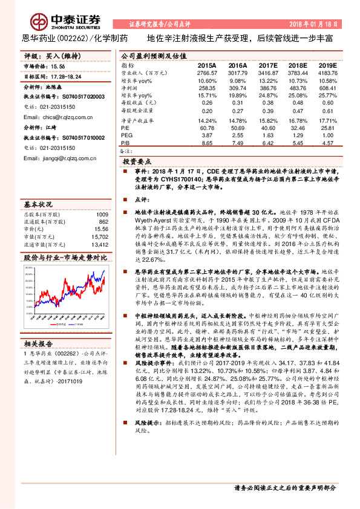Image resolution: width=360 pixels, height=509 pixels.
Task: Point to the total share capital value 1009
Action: click(102, 215)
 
